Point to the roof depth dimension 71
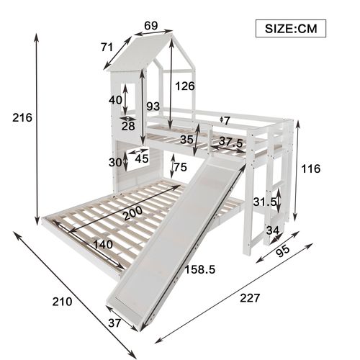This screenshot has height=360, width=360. point(107,48)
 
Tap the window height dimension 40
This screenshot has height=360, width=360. point(116,100)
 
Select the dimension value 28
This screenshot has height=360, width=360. point(128,126)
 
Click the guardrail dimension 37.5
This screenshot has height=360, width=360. point(231,141)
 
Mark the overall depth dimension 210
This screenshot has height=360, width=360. point(62,302)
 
